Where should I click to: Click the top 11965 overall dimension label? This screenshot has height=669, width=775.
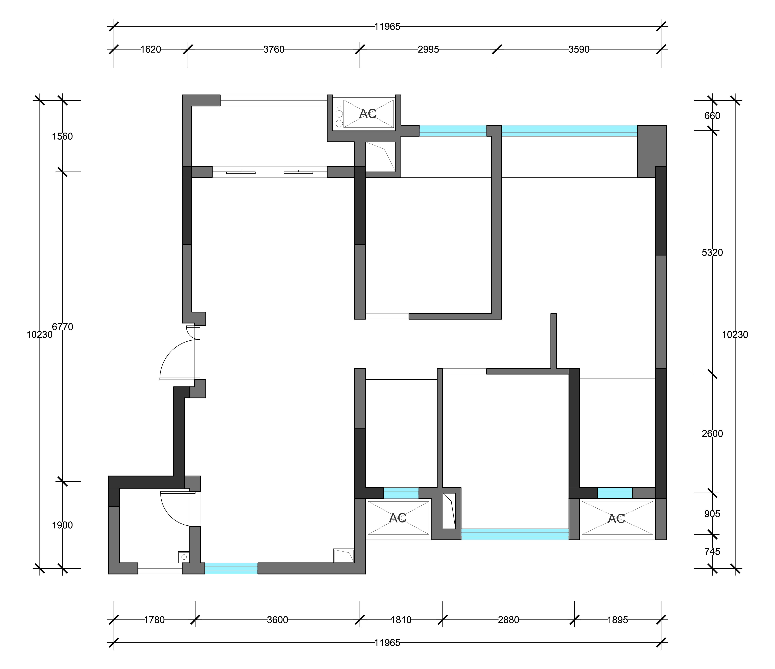pyautogui.click(x=387, y=27)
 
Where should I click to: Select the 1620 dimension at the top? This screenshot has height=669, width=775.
pyautogui.click(x=151, y=49)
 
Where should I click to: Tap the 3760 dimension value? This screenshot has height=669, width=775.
pyautogui.click(x=274, y=49)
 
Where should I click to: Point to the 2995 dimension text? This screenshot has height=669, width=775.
pyautogui.click(x=428, y=49)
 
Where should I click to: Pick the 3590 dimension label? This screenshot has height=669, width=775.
pyautogui.click(x=579, y=49)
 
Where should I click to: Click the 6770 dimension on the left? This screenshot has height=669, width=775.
pyautogui.click(x=63, y=327)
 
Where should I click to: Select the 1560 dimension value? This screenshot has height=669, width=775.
pyautogui.click(x=63, y=137)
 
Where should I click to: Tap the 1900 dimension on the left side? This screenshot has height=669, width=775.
pyautogui.click(x=63, y=525)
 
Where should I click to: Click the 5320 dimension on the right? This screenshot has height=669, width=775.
pyautogui.click(x=712, y=253)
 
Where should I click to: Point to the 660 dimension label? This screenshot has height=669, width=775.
pyautogui.click(x=712, y=116)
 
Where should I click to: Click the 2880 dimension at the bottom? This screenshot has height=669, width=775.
pyautogui.click(x=509, y=620)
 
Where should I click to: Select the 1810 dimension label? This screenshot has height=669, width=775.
pyautogui.click(x=401, y=620)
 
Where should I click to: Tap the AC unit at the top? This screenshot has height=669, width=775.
pyautogui.click(x=368, y=113)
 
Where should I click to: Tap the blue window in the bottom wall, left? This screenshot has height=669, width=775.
pyautogui.click(x=231, y=568)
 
